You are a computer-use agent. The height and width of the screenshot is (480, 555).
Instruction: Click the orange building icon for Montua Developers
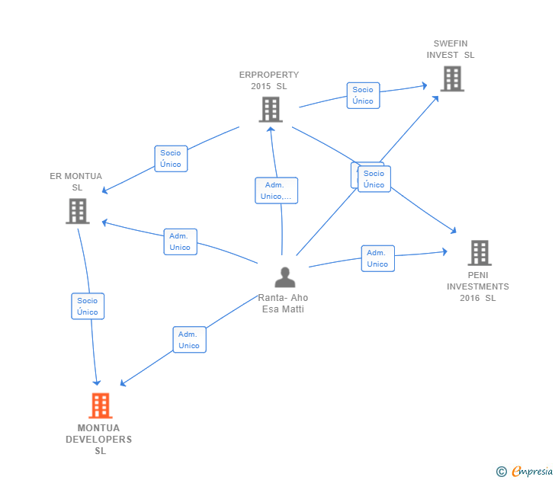pyautogui.click(x=100, y=405)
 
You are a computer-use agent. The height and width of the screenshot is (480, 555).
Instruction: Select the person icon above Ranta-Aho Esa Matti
pyautogui.click(x=284, y=277)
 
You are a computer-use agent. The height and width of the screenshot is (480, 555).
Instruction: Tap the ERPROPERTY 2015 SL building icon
pyautogui.click(x=270, y=109)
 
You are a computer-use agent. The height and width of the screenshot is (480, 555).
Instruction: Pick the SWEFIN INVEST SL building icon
pyautogui.click(x=452, y=78)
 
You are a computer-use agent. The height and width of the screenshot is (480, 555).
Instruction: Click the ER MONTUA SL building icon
pyautogui.click(x=77, y=211)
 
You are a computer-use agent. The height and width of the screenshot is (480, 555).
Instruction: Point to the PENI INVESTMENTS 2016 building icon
pyautogui.click(x=479, y=252)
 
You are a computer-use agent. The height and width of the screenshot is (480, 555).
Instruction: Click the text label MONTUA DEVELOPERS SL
pyautogui.click(x=99, y=440)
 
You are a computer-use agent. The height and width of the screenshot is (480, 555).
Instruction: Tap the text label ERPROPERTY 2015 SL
pyautogui.click(x=269, y=81)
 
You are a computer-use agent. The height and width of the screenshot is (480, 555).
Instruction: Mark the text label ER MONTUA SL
pyautogui.click(x=76, y=181)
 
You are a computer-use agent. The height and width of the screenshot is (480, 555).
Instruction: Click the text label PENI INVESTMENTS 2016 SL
pyautogui.click(x=478, y=286)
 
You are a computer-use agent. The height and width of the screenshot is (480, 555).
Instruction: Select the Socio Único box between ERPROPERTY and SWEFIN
pyautogui.click(x=363, y=95)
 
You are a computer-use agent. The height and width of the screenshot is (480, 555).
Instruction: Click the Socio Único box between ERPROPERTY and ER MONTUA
pyautogui.click(x=171, y=158)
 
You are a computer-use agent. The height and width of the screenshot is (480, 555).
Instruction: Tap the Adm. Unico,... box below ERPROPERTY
pyautogui.click(x=276, y=190)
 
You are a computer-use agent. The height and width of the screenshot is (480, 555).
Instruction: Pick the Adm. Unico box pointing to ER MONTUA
pyautogui.click(x=180, y=242)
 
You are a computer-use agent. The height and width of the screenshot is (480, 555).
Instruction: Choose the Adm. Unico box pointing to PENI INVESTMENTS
pyautogui.click(x=377, y=258)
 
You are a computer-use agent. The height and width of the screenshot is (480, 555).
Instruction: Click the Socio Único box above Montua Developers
pyautogui.click(x=88, y=306)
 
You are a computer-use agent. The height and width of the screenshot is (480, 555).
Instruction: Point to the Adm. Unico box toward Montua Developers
pyautogui.click(x=189, y=340)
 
